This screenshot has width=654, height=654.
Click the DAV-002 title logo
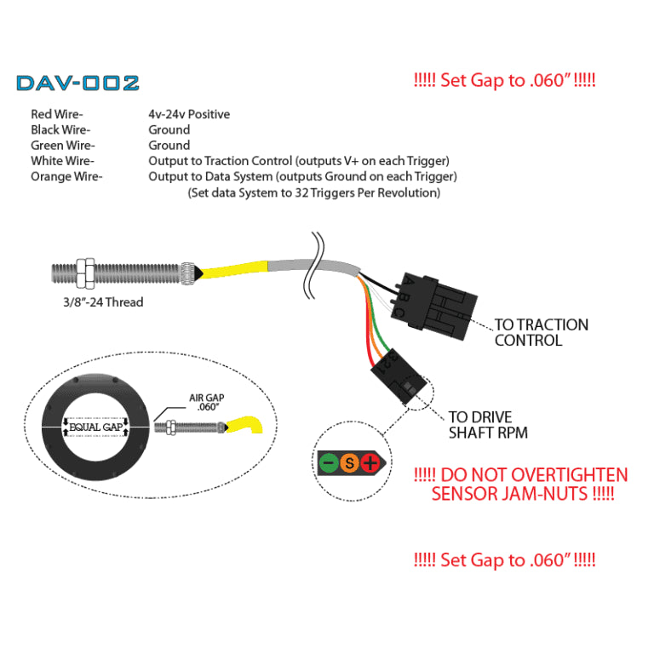(77, 83)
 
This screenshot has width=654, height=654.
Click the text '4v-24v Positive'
(189, 114)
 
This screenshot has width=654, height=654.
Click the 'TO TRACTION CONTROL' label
(541, 332)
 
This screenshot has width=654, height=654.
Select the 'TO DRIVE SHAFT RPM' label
(492, 425)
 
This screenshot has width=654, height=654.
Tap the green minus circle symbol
(328, 464)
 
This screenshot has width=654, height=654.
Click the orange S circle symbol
(348, 464)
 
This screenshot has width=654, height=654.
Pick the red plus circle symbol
(370, 464)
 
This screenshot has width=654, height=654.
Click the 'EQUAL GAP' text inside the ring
(95, 426)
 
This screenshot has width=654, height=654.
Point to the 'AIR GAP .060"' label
(207, 402)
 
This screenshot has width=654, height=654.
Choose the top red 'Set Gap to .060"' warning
(504, 83)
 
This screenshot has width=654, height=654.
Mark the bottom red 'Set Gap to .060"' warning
(504, 560)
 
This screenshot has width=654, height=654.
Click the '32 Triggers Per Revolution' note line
(313, 193)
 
